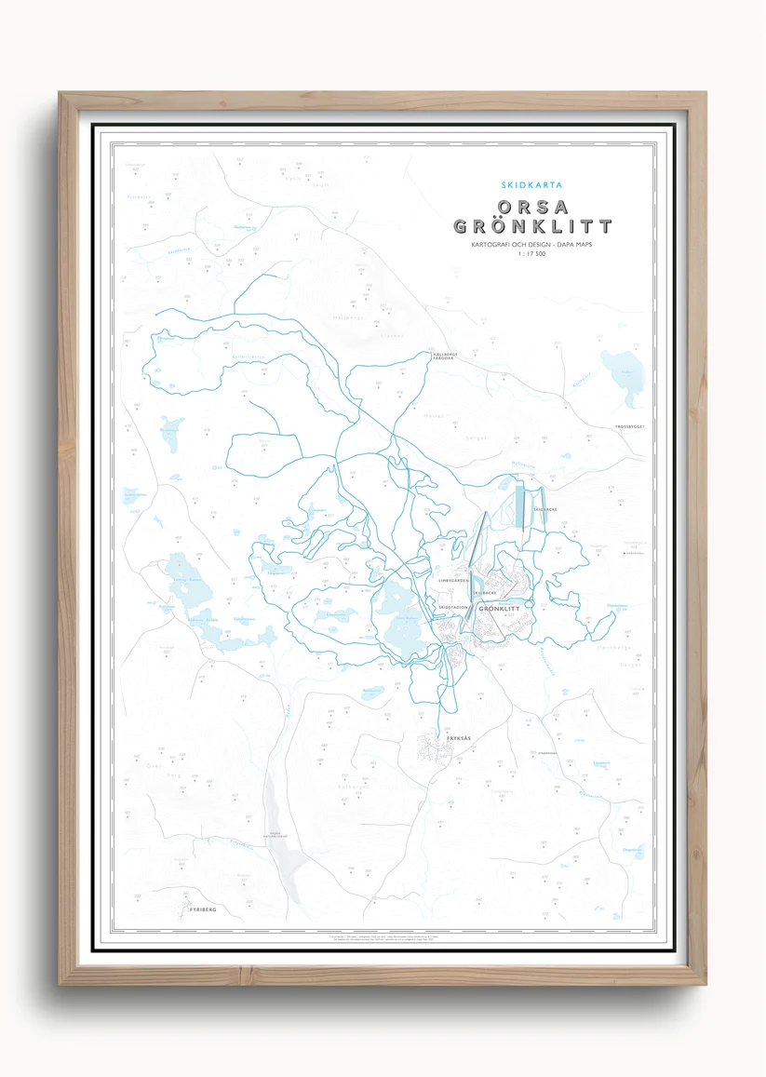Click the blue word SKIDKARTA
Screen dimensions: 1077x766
pyautogui.click(x=531, y=184)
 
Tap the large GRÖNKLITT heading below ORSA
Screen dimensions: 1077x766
pyautogui.click(x=531, y=226)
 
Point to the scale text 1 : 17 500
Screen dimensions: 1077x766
pyautogui.click(x=531, y=253)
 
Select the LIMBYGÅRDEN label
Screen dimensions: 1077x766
pyautogui.click(x=454, y=580)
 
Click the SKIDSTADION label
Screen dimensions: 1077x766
pyautogui.click(x=453, y=606)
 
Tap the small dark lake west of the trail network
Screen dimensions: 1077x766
pyautogui.click(x=169, y=435)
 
